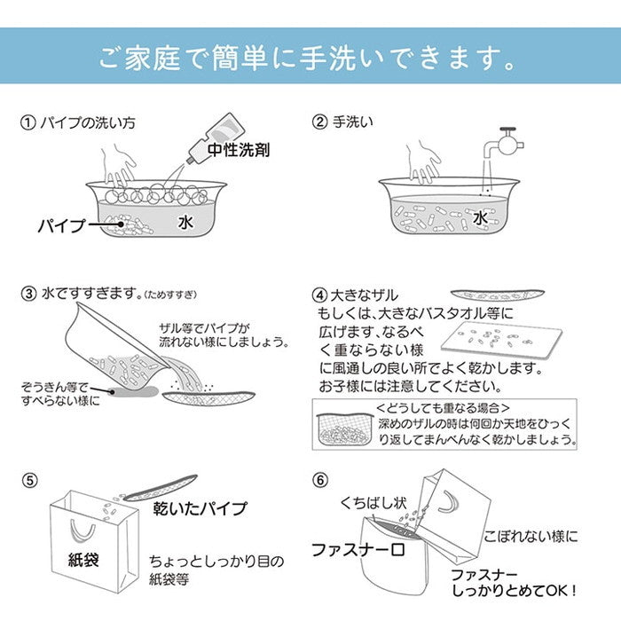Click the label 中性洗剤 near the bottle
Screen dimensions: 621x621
(x=239, y=151)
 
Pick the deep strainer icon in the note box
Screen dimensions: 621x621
(x=342, y=430)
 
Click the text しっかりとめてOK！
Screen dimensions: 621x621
(x=529, y=588)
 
